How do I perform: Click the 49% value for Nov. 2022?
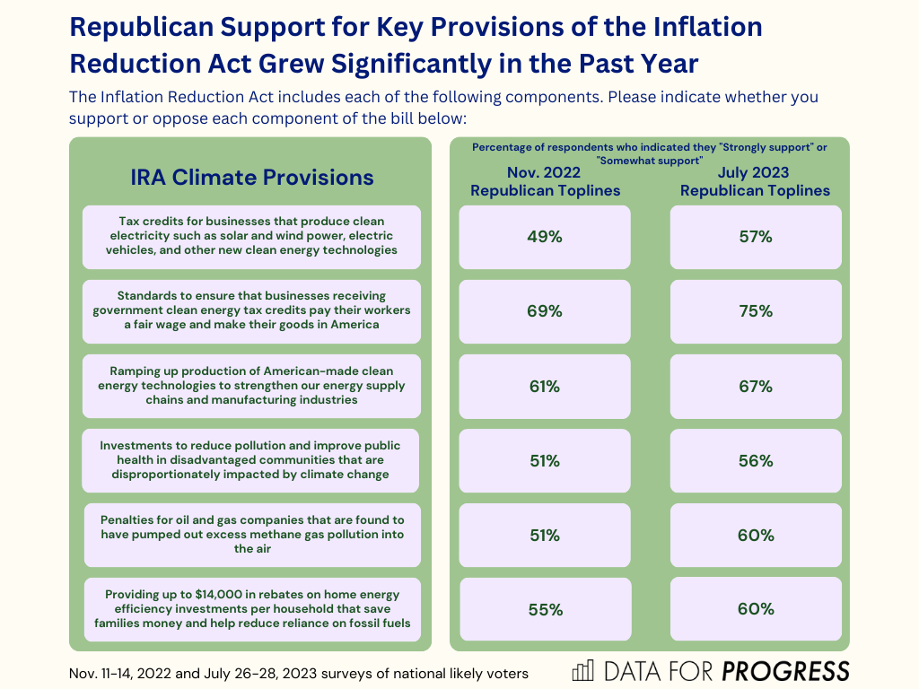[x=545, y=237]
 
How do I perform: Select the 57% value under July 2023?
[x=756, y=237]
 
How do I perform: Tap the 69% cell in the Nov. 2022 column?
[x=545, y=311]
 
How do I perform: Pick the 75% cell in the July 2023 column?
[x=756, y=311]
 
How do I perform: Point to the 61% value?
[x=545, y=387]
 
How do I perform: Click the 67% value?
[x=756, y=387]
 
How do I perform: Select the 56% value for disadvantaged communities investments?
[x=756, y=461]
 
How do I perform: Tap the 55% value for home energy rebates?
[x=545, y=609]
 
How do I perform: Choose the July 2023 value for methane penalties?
[x=756, y=536]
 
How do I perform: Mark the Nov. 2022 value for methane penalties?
[x=545, y=536]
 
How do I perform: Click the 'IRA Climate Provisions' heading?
[x=251, y=177]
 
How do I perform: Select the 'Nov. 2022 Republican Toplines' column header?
[x=545, y=181]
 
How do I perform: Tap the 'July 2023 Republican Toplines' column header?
[x=755, y=181]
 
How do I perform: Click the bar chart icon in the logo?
[x=583, y=671]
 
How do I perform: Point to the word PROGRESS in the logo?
[x=786, y=671]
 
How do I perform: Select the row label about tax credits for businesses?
[x=251, y=236]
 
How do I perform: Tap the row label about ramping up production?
[x=251, y=385]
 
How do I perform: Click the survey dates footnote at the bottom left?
[x=298, y=673]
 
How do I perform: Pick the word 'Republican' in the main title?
[x=169, y=27]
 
